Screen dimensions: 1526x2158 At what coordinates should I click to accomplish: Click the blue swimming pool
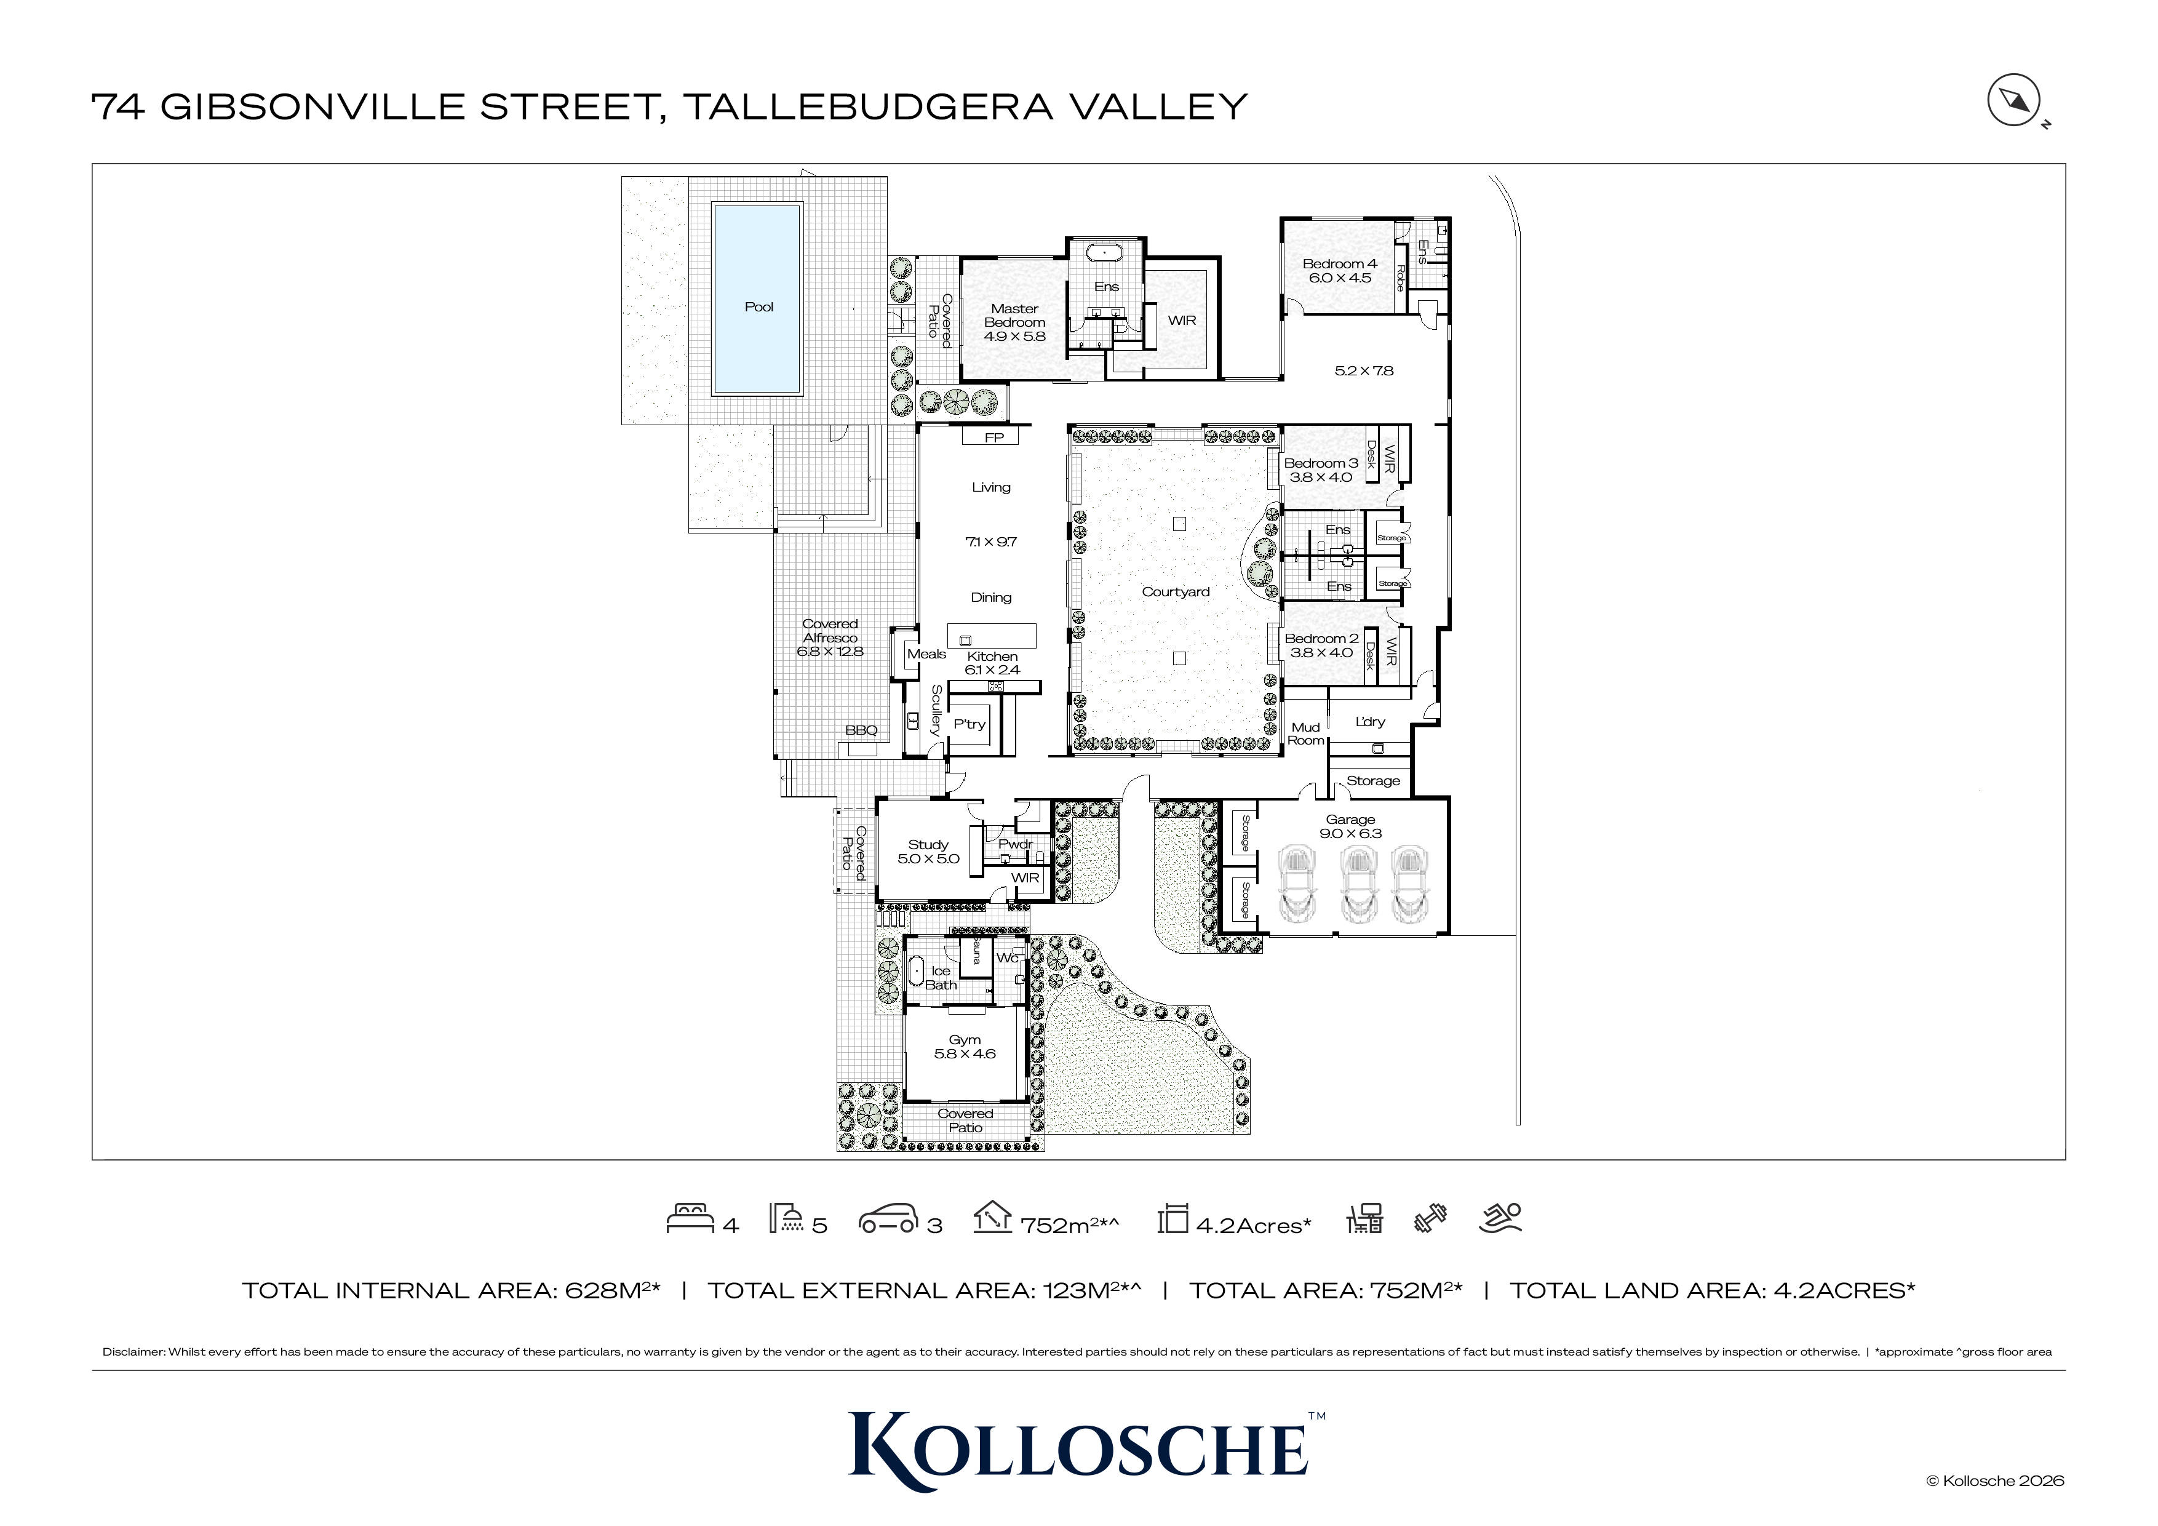coord(757,299)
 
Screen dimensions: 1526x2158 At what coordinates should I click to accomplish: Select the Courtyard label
coord(1175,591)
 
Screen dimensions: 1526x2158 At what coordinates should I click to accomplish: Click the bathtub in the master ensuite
coord(1105,253)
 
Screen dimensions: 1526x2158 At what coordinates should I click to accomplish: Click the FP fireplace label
coord(993,437)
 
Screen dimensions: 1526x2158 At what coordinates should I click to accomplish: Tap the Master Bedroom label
coord(1014,322)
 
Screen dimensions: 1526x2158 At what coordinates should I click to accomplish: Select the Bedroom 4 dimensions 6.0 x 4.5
coord(1339,278)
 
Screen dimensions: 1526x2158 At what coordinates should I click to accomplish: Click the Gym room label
coord(965,1047)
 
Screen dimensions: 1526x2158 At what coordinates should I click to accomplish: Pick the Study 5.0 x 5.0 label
coord(928,851)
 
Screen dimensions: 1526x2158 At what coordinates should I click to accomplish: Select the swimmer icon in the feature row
coord(1499,1218)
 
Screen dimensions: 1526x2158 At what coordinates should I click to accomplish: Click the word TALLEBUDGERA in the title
coord(867,106)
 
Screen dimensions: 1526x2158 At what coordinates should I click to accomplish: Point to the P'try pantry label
coord(969,724)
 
